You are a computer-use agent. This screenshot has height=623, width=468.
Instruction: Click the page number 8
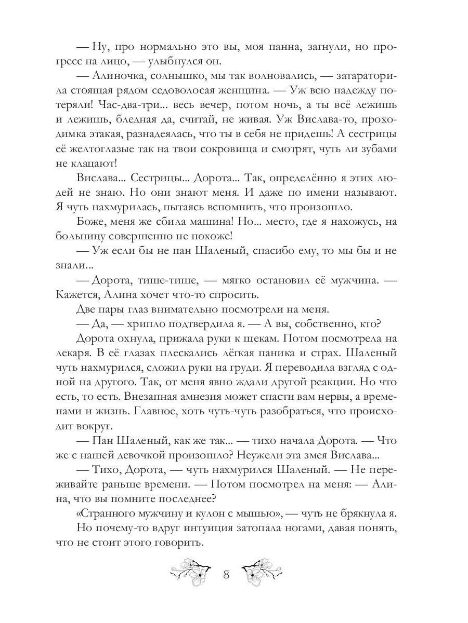[226, 575]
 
